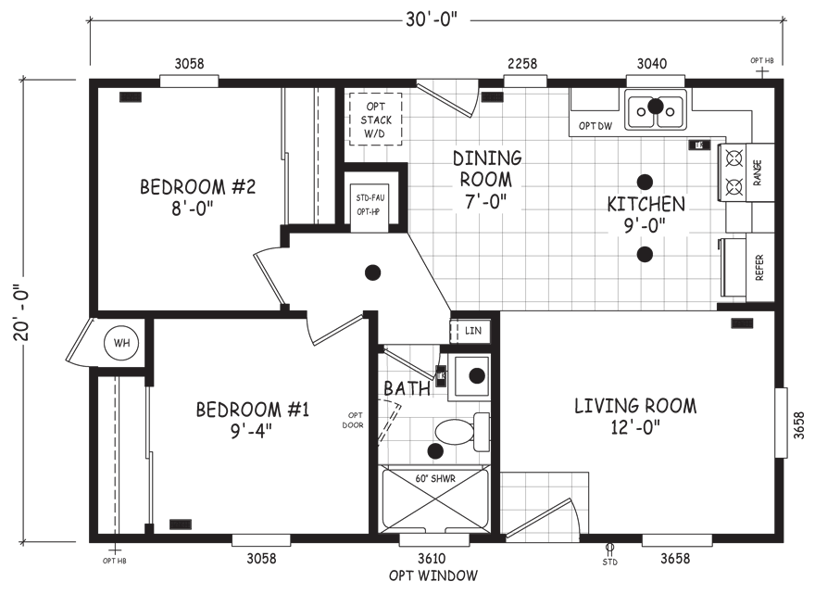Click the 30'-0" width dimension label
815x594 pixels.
coord(432,20)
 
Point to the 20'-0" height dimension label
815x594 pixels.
coord(22,312)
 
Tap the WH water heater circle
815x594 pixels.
coord(122,343)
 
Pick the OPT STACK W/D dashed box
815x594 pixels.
coord(375,120)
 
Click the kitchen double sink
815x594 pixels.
coord(656,108)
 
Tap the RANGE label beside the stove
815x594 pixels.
coord(758,172)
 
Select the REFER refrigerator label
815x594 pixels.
coord(759,268)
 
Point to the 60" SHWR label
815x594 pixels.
coord(435,478)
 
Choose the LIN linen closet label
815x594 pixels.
coord(473,330)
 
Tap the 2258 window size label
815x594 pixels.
coord(522,63)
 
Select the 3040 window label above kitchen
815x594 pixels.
coord(652,63)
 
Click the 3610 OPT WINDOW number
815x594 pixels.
coord(432,558)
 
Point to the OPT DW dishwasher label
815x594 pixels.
coord(596,126)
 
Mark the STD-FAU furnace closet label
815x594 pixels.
coord(370,197)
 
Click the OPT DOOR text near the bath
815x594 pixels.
coord(353,421)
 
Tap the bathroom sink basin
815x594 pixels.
coord(470,376)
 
